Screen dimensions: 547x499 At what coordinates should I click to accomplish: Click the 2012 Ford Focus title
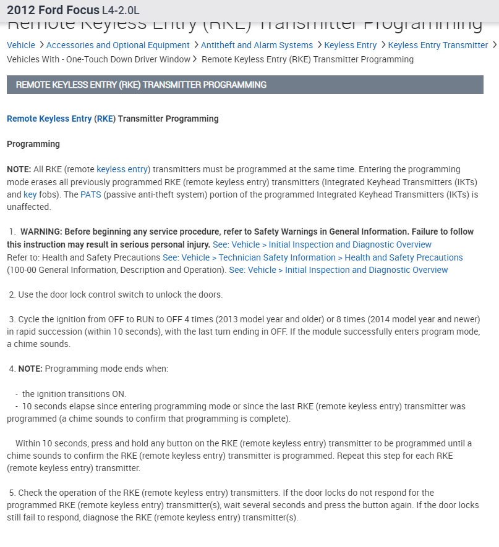click(53, 10)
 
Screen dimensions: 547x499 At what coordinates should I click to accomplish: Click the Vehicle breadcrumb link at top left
click(21, 45)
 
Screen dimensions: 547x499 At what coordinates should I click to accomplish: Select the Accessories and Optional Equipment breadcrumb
click(117, 45)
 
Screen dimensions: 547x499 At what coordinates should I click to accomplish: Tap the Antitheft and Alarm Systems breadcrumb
click(257, 45)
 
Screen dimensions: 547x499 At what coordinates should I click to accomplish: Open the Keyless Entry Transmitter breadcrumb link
click(438, 45)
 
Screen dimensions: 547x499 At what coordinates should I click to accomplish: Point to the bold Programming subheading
click(33, 144)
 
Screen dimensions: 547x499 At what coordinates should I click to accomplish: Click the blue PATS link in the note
click(90, 194)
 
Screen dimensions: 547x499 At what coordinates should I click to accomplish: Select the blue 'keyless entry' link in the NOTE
click(122, 169)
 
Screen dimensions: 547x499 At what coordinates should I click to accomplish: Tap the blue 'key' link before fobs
click(30, 194)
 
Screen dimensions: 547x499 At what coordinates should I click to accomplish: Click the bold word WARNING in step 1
click(41, 232)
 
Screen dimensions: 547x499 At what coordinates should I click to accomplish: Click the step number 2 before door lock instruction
click(11, 295)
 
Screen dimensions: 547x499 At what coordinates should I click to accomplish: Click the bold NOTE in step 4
click(30, 369)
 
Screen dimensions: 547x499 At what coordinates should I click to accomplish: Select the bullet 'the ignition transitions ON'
click(74, 394)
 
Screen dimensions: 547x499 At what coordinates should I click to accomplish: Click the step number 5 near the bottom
click(11, 493)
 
